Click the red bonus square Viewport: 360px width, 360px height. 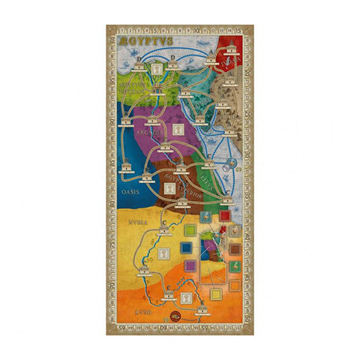tap(224, 216)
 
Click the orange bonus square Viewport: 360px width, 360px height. tap(234, 284)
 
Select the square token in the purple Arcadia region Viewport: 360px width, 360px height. tap(178, 129)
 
